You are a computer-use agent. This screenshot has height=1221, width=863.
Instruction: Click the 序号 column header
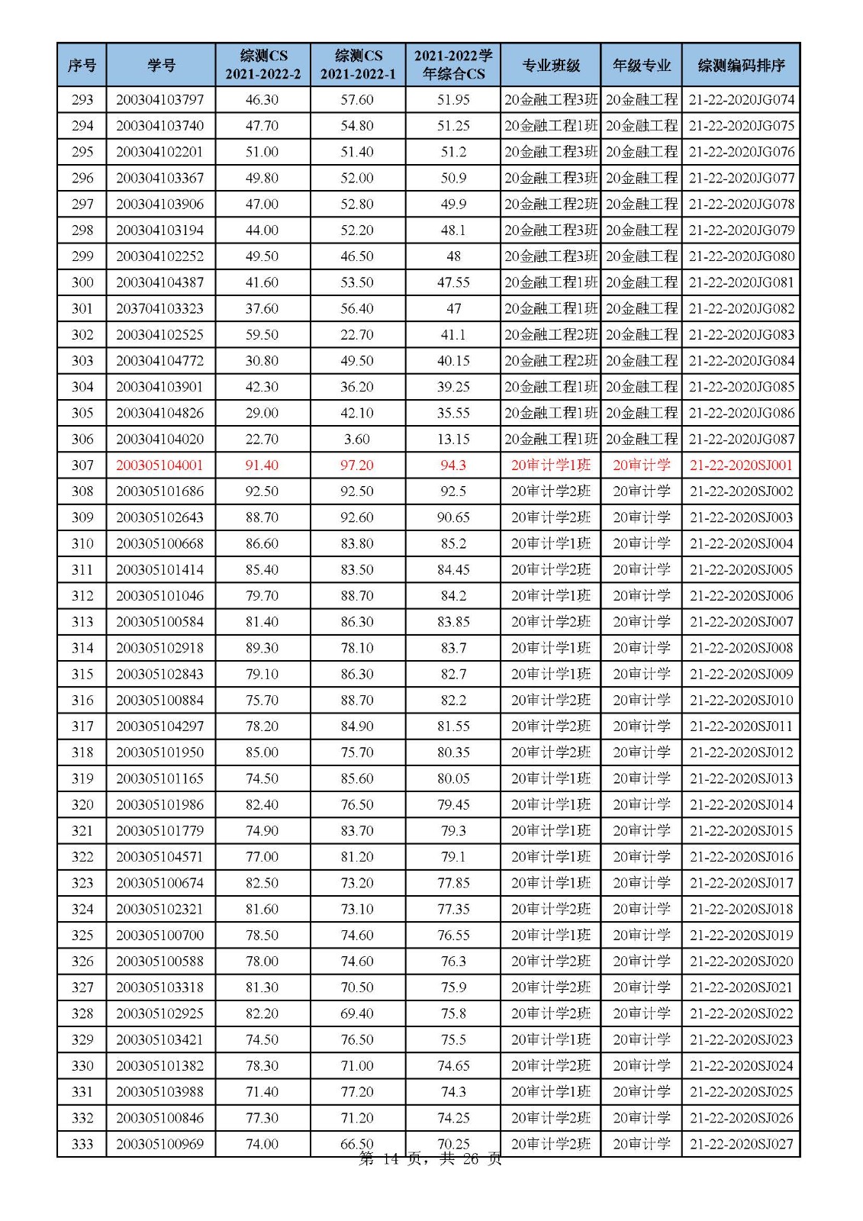point(82,65)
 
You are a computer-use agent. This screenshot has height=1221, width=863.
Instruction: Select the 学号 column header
point(161,65)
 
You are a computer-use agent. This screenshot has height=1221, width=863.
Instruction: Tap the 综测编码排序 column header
point(741,65)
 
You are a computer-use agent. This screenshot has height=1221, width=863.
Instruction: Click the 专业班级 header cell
point(551,65)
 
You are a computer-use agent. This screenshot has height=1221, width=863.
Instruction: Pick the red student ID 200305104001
point(160,465)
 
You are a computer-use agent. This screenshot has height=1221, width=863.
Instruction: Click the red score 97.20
point(357,465)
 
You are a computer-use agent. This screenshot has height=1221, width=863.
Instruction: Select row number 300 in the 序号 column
point(82,282)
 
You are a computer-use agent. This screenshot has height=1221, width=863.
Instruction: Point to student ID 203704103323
point(160,308)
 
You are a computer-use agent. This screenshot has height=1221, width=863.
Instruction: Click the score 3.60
point(357,439)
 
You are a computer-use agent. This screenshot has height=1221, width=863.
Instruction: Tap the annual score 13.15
point(453,439)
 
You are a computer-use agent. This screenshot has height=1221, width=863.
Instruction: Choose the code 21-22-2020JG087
point(741,439)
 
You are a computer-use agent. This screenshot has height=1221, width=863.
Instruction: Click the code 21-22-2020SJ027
point(741,1144)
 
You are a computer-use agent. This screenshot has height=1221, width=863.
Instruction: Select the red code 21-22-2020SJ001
point(741,465)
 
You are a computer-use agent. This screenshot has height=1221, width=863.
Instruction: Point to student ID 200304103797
point(160,100)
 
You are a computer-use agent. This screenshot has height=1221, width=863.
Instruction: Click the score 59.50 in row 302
point(262,334)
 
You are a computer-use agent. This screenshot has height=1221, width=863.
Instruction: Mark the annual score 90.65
point(453,517)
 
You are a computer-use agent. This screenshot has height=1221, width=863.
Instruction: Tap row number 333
point(82,1144)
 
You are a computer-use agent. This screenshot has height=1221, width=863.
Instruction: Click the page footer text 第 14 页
point(389,1160)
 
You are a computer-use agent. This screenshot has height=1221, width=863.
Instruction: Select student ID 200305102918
point(160,648)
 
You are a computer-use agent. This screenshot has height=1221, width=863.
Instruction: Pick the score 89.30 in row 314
point(262,648)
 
